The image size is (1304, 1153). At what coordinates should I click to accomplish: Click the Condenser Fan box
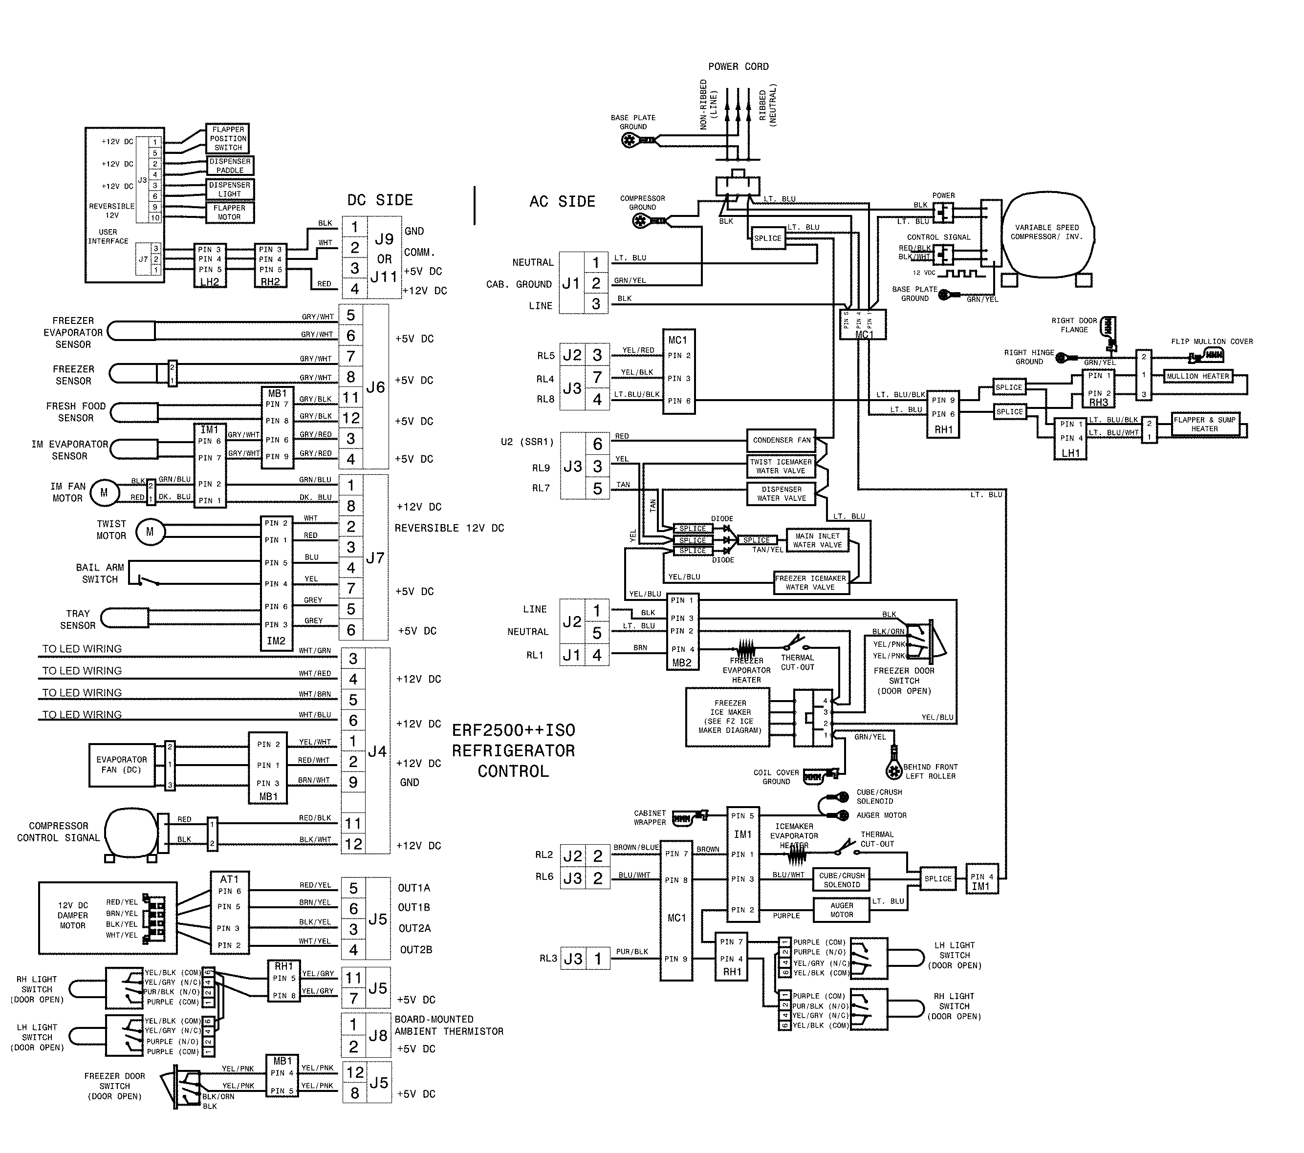(781, 440)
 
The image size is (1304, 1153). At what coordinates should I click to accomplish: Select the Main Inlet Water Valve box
(817, 540)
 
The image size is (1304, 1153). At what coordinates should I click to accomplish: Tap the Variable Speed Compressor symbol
(1047, 233)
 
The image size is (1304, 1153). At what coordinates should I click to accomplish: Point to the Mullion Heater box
(1197, 376)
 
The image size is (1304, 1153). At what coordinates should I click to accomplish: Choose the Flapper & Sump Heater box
(1204, 424)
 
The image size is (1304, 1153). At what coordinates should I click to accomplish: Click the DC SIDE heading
(380, 200)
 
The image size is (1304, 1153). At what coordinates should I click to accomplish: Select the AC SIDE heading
(562, 201)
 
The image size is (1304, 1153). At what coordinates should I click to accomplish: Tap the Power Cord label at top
(738, 66)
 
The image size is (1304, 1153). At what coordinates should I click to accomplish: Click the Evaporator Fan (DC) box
(121, 765)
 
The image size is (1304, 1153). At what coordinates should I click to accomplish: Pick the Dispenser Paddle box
(230, 166)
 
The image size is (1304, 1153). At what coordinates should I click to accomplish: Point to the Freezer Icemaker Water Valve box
(810, 582)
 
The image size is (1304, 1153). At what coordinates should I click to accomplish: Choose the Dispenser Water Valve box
(781, 493)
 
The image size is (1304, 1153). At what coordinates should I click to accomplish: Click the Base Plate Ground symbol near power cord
(630, 140)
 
